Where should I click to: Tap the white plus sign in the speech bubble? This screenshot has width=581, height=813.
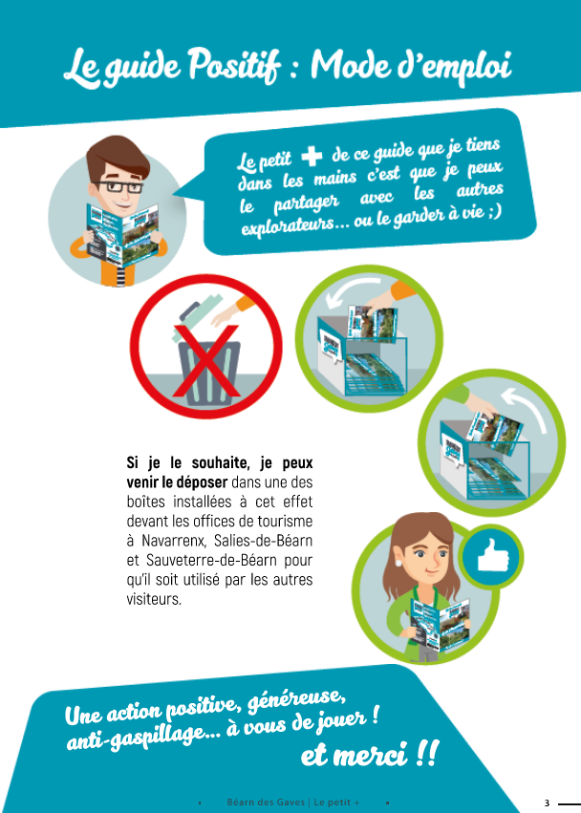tap(312, 156)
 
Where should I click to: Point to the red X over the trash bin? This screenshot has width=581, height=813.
tap(206, 361)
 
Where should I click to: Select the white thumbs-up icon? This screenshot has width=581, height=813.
tap(491, 555)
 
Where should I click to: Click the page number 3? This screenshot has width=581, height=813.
tap(547, 803)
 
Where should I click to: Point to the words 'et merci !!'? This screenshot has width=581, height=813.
tap(370, 753)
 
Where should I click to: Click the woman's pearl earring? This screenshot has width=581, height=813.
tap(398, 563)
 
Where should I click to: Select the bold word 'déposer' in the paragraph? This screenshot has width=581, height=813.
tap(202, 482)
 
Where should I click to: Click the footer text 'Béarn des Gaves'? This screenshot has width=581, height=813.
tap(266, 802)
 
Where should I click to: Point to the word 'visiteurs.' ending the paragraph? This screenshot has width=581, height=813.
tap(154, 599)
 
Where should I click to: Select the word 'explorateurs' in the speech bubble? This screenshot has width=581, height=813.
tap(288, 226)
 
